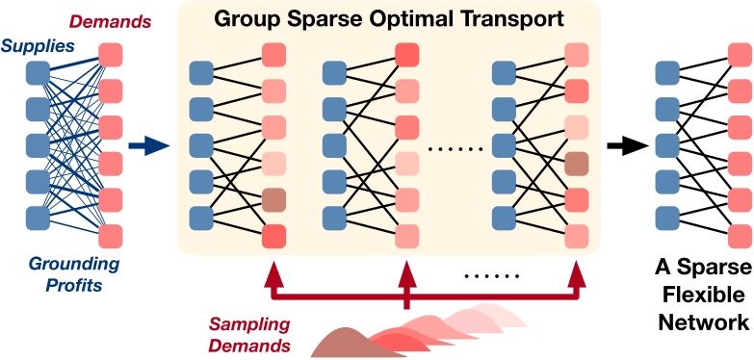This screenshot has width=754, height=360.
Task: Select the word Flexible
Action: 699,300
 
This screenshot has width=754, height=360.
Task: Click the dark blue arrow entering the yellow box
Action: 148,146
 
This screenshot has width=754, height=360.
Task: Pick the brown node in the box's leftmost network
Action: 274,199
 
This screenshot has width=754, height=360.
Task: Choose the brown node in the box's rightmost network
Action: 577,163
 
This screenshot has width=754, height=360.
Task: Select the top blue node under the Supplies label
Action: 38,72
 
